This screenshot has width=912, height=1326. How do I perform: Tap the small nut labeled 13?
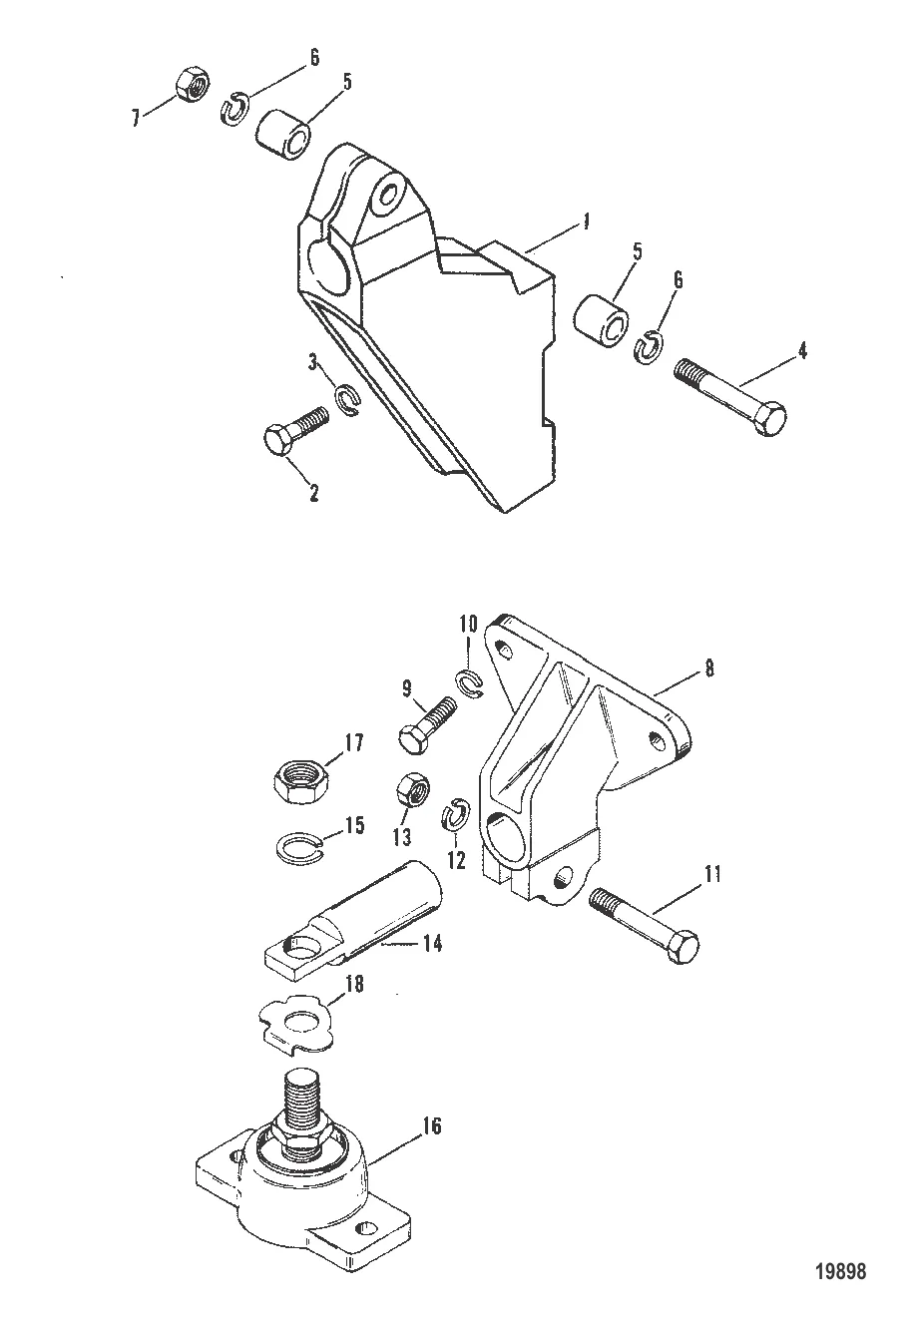412,793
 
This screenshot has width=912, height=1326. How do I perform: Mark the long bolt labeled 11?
645,920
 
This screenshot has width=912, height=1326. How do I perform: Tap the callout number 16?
432,1127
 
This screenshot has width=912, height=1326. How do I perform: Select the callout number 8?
708,668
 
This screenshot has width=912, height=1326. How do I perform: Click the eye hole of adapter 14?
300,944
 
